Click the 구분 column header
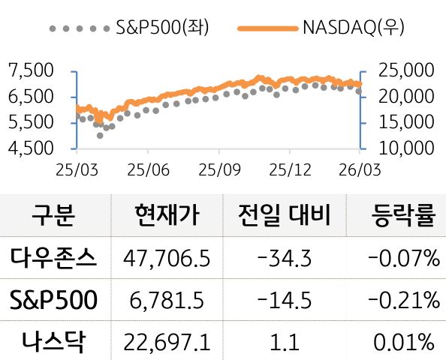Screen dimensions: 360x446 tap(53, 217)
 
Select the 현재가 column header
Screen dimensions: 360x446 tap(166, 217)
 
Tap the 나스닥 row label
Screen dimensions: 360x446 tap(53, 343)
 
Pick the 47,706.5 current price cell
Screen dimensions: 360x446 tap(167, 259)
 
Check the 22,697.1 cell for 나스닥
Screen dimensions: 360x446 tap(167, 343)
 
